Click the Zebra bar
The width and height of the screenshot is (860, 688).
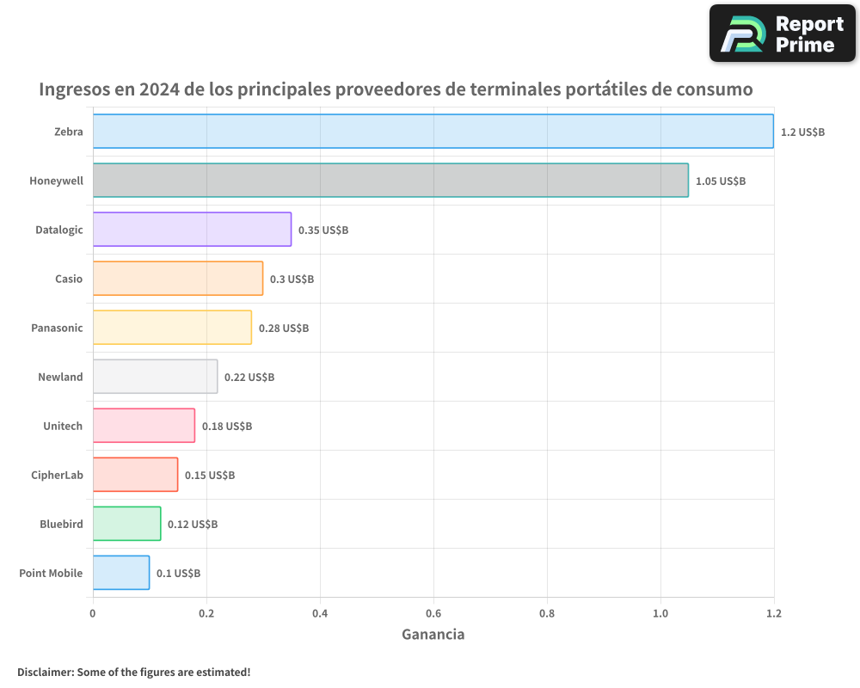(433, 131)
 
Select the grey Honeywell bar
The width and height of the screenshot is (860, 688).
(390, 180)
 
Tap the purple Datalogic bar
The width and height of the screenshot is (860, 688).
(192, 229)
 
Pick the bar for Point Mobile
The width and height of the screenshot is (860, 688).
(121, 573)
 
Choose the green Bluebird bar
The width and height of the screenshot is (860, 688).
(126, 524)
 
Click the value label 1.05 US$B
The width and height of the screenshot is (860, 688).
(720, 181)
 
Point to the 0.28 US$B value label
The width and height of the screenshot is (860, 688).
(283, 328)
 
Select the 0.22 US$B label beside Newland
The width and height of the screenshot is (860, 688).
(249, 377)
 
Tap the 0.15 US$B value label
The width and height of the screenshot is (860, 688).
(209, 475)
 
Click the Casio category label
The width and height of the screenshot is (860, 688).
(69, 279)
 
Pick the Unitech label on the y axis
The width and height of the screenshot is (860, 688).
(63, 426)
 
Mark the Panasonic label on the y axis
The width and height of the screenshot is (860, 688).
(57, 328)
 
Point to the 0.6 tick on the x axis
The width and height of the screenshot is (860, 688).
(433, 613)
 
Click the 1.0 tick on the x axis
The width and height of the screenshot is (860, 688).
(660, 613)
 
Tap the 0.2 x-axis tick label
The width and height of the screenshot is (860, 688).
(206, 613)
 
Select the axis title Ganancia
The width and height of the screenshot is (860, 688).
(433, 635)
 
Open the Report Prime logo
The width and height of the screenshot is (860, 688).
(782, 34)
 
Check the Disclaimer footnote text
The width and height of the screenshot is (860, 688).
(133, 672)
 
